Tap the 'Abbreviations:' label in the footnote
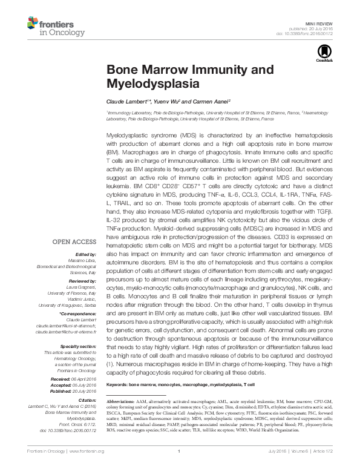pos(123,402)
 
